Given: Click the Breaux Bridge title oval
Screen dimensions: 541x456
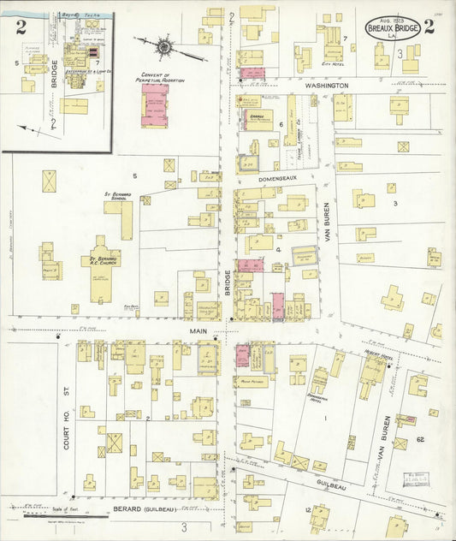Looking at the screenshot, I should coord(393,27).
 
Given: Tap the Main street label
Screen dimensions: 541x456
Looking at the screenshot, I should coord(188,328).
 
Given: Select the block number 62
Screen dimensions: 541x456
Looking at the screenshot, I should coord(421,439).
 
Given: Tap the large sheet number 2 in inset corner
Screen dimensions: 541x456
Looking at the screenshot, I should coord(18,27).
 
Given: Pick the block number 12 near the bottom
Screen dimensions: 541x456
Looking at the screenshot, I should coord(308,510).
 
